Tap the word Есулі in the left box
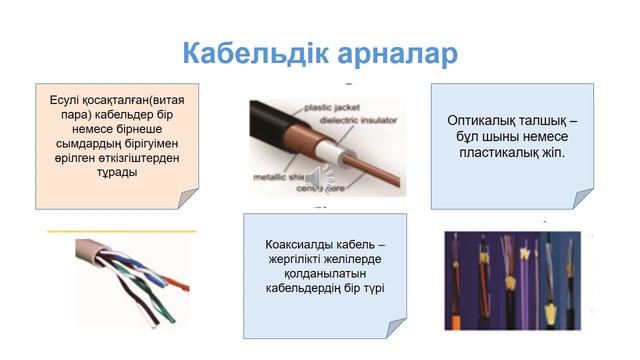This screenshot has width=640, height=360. tap(68, 101)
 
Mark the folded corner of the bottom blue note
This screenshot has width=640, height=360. tap(395, 328)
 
